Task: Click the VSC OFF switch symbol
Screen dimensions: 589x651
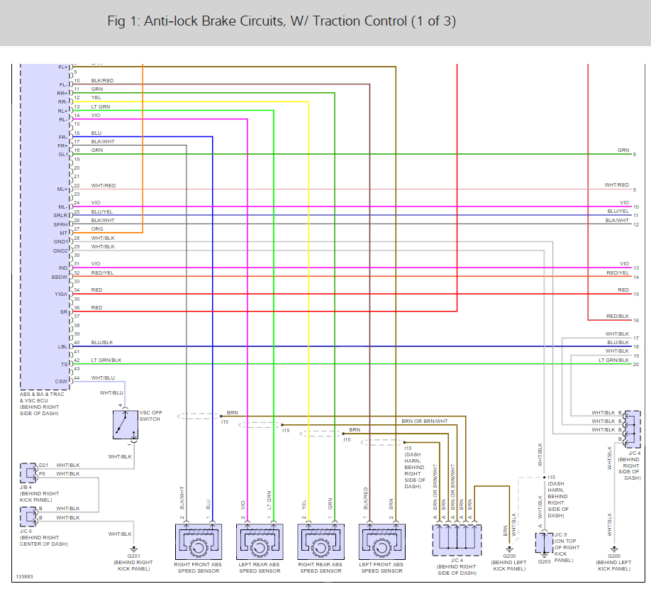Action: (126, 424)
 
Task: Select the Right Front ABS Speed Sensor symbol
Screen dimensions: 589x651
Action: (199, 544)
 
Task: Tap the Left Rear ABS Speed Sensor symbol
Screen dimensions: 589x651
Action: (260, 544)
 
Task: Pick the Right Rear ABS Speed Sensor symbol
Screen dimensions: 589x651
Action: (320, 544)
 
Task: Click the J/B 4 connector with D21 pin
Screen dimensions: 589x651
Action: (29, 472)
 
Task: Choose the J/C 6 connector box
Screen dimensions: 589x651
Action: (29, 514)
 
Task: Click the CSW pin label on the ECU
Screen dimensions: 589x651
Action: (62, 382)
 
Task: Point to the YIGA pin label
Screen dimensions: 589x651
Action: (61, 294)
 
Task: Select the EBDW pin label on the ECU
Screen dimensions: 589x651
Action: (60, 277)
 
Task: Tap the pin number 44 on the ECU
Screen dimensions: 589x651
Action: (77, 378)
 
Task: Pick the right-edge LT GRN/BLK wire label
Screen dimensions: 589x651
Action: (613, 360)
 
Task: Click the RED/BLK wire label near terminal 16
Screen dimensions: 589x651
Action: (618, 316)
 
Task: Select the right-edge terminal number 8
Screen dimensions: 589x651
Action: (635, 155)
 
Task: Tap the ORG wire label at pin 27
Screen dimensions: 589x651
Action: (97, 229)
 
